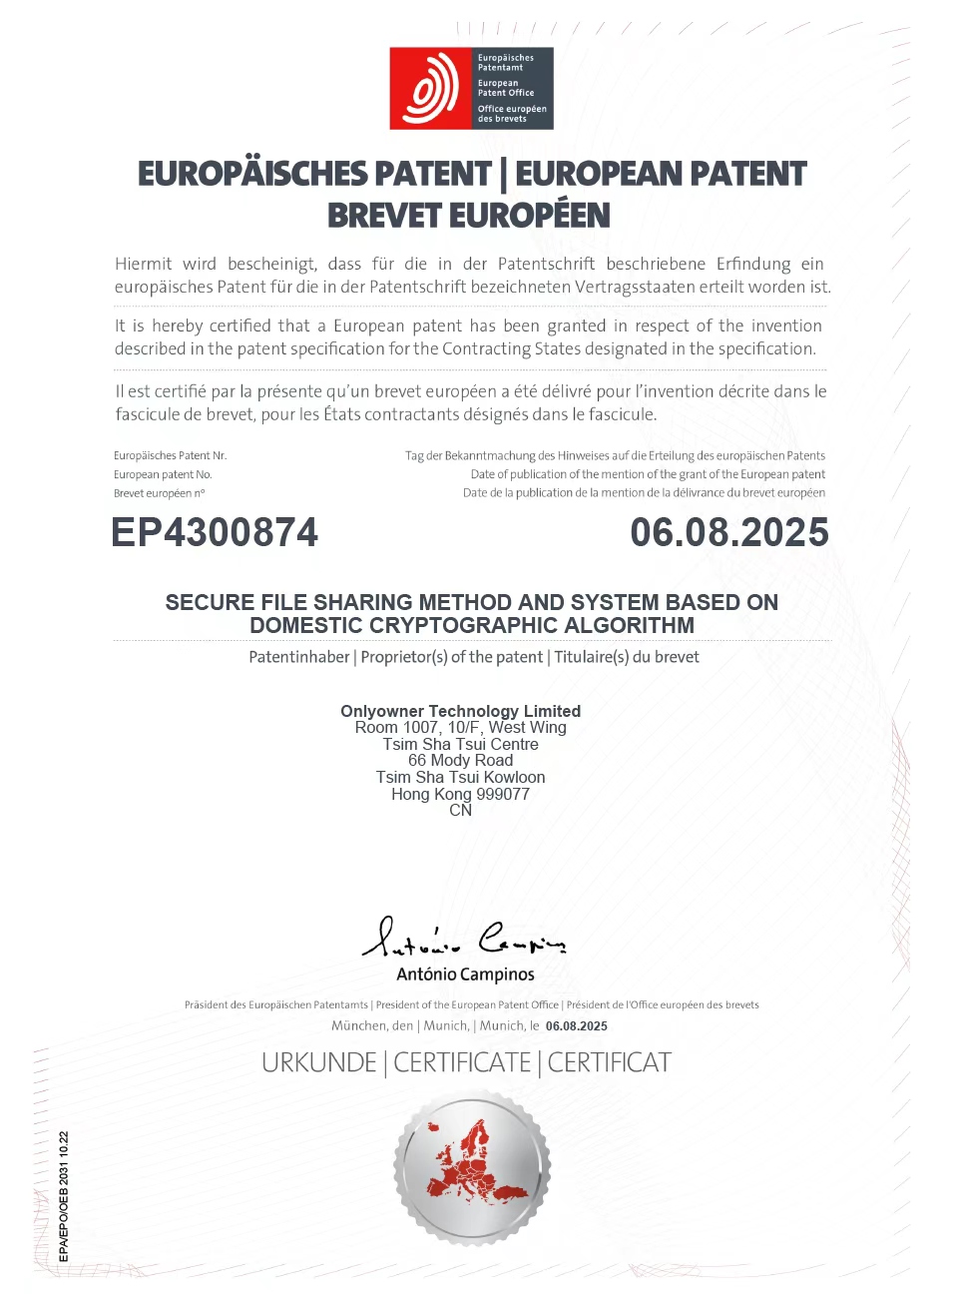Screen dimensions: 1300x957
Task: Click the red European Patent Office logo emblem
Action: coord(430,89)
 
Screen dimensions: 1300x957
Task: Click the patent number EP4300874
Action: coord(215,532)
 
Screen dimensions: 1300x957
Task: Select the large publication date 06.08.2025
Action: coord(728,532)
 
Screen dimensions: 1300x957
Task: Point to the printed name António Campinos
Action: coord(465,975)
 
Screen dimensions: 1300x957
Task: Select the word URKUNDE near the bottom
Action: coord(318,1062)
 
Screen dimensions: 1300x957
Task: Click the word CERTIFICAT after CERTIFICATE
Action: coord(609,1062)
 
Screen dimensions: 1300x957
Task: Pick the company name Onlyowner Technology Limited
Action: coord(460,711)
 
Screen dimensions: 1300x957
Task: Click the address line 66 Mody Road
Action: coord(460,761)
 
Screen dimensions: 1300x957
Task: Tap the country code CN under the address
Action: coord(460,811)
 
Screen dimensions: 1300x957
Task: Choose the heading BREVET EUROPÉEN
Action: coord(468,216)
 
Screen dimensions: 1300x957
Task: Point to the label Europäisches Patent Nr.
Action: coord(170,456)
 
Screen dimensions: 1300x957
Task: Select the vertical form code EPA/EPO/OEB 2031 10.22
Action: coord(64,1196)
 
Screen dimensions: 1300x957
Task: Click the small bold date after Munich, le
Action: coord(576,1026)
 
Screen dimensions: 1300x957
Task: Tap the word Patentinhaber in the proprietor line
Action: coord(298,657)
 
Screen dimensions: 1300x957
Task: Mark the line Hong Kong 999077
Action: coord(460,795)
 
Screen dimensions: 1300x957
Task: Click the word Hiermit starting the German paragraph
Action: coord(143,265)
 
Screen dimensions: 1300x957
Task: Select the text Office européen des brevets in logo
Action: coord(511,114)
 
